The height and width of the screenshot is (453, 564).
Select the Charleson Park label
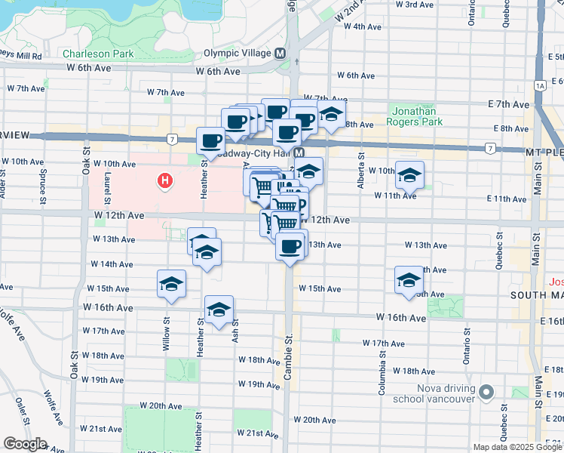coord(98,54)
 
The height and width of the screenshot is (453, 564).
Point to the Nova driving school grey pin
coord(486,392)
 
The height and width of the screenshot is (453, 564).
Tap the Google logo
coord(25,444)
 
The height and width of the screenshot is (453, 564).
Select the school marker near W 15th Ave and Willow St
coord(171,285)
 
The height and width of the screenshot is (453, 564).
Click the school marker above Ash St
coord(219,310)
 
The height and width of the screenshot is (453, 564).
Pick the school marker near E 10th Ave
coord(409,176)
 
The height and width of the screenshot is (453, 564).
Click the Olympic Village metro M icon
coord(280,54)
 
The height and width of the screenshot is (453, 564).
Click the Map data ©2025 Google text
coord(516,447)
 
